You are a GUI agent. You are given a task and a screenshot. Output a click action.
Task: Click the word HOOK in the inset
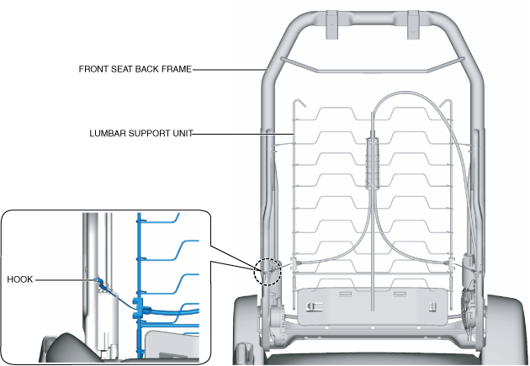point(19,279)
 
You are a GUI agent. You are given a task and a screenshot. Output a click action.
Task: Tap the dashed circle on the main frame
point(268,271)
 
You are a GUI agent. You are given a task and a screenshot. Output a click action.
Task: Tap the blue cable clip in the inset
point(143,312)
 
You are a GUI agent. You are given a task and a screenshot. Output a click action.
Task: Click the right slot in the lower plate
point(400,294)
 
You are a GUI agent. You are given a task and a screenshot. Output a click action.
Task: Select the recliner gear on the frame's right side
point(469,303)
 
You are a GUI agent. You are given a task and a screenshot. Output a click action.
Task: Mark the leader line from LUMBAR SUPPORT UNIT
point(244,132)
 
